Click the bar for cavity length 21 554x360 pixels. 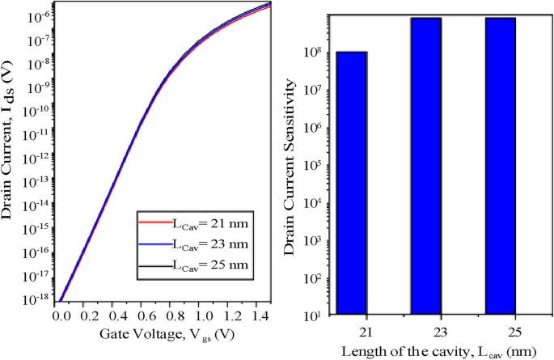(352, 183)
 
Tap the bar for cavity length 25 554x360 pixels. (500, 166)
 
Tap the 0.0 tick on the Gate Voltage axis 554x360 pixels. (60, 316)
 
